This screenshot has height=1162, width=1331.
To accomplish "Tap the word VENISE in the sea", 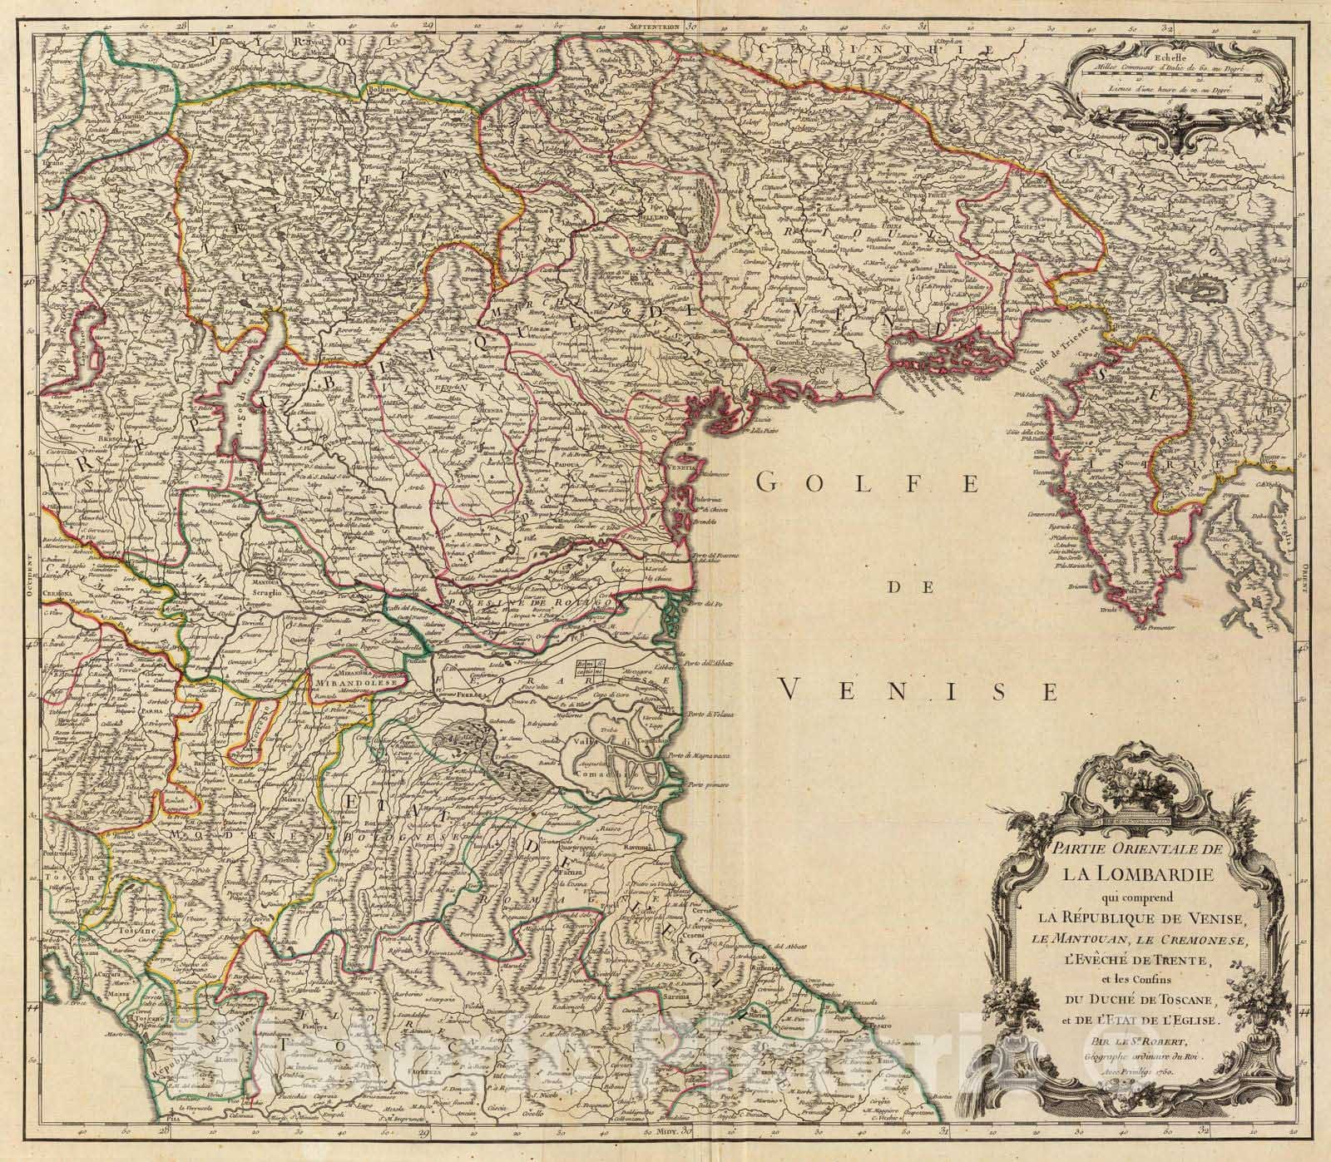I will click(x=921, y=690).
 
